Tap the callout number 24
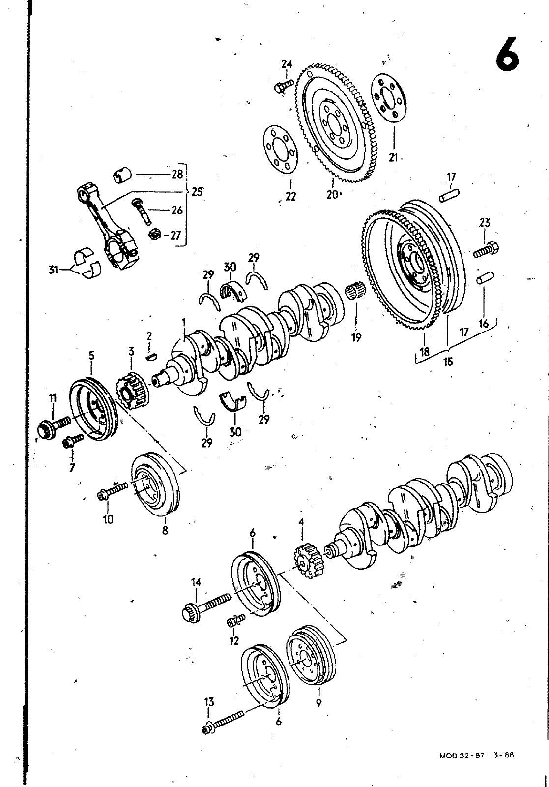287,64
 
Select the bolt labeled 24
283,86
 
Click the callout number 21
393,158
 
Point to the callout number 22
290,196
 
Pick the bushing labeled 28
122,175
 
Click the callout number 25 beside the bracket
197,192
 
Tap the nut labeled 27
154,234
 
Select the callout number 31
54,270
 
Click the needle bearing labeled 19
355,291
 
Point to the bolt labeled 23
486,249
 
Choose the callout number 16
483,323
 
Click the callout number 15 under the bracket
448,362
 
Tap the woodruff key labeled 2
150,357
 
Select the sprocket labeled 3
132,392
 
